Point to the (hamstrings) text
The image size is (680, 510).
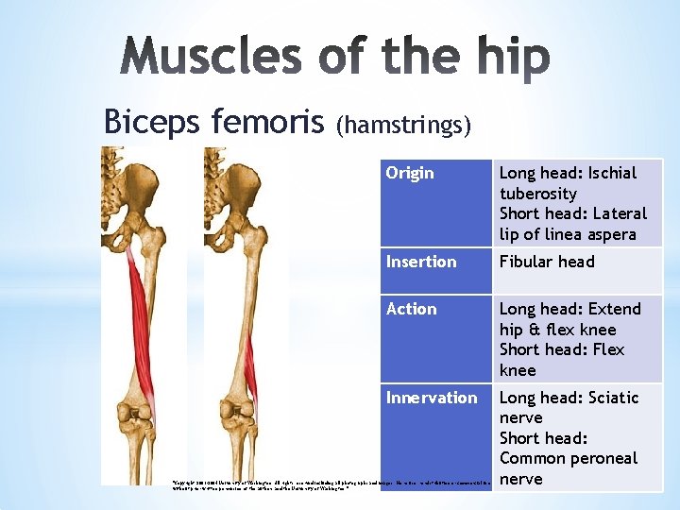[403, 125]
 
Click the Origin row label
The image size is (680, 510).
[410, 173]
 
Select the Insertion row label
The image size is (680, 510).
[421, 262]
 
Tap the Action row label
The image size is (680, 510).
[412, 309]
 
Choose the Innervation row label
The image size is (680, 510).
[432, 398]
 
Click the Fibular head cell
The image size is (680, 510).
[547, 262]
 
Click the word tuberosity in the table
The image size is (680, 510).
[537, 194]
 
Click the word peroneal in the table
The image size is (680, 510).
[603, 458]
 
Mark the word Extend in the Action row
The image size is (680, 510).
[610, 309]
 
